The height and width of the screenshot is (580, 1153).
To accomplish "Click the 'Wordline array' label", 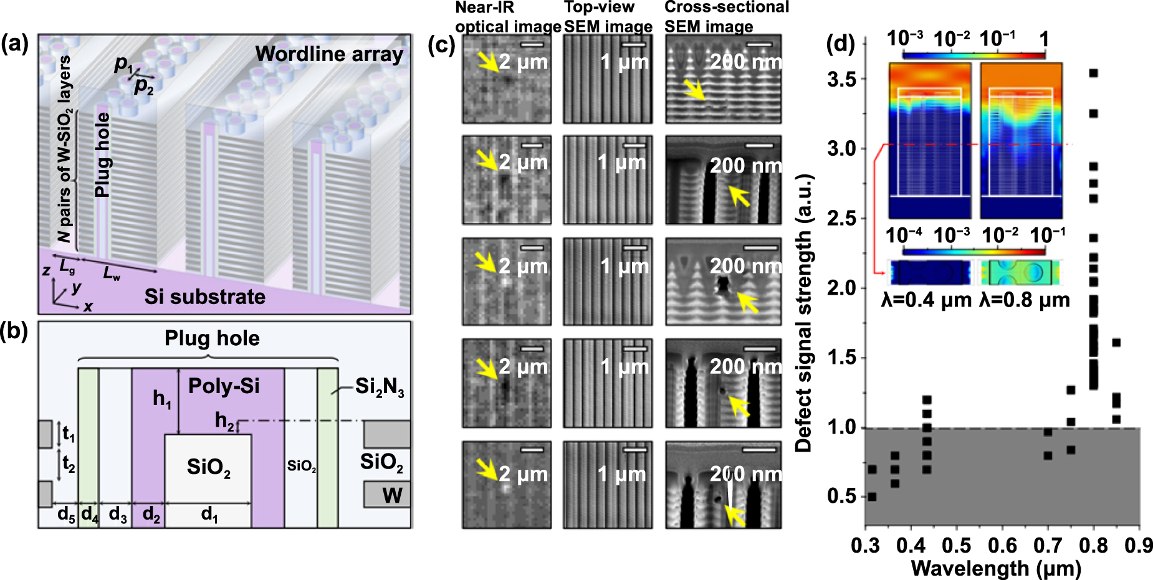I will [x=329, y=54].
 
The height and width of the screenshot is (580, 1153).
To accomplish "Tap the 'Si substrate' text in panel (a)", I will [x=205, y=297].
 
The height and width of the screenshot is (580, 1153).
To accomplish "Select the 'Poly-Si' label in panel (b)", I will [x=224, y=386].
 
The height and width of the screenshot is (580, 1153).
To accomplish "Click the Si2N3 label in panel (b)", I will [x=380, y=387].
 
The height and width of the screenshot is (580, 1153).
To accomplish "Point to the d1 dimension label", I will [x=209, y=515].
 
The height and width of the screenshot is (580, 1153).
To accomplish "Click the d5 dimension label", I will [x=65, y=515].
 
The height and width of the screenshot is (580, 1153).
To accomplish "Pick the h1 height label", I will [x=161, y=399].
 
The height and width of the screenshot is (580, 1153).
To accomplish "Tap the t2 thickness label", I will [x=69, y=464].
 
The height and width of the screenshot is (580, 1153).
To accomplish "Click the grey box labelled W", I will [x=387, y=495].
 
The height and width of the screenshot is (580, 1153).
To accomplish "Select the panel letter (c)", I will [x=442, y=45].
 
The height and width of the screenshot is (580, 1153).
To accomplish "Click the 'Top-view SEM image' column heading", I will [x=608, y=17].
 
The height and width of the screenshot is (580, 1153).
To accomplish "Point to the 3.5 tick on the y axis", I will [x=841, y=80].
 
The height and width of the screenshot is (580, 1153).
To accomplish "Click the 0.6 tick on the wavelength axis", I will [x=1002, y=546].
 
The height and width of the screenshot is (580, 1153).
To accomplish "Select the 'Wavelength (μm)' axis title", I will [x=996, y=568].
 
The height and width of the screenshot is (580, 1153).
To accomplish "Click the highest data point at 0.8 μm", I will [x=1093, y=74].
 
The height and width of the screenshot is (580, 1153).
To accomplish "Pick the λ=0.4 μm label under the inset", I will [x=926, y=300].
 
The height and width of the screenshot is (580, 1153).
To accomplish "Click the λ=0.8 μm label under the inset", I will [x=1025, y=300].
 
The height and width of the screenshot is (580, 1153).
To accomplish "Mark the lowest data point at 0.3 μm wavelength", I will [x=872, y=497].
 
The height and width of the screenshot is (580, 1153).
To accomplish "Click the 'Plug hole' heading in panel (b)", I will [x=212, y=338].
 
